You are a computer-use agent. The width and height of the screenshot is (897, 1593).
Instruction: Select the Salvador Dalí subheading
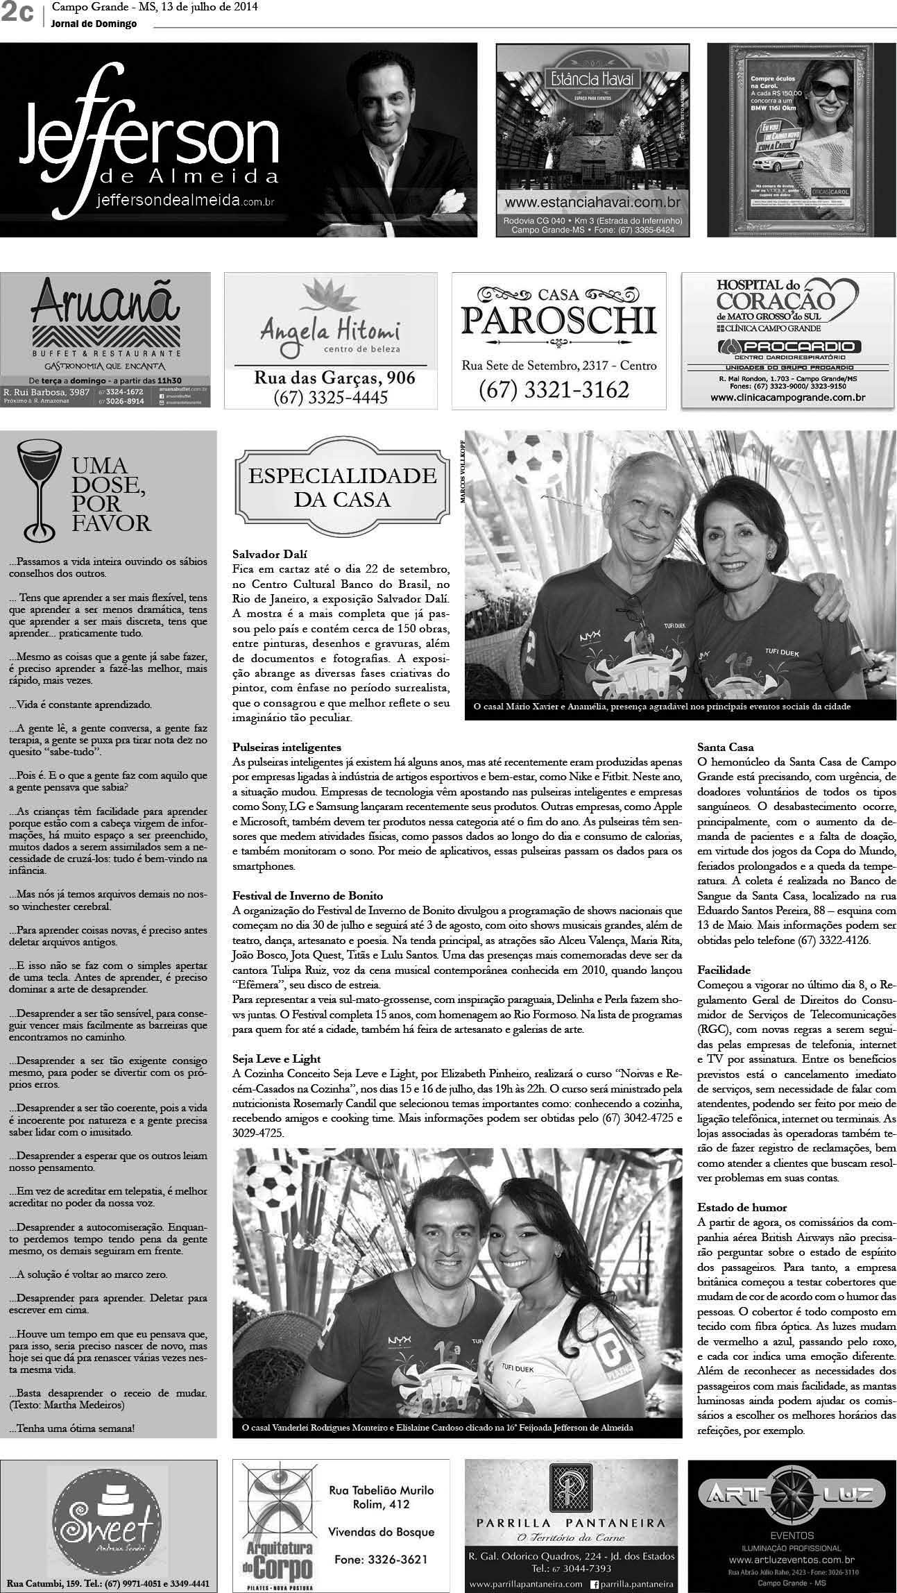[x=270, y=554]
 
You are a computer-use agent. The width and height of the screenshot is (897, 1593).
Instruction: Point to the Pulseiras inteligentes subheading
[x=287, y=748]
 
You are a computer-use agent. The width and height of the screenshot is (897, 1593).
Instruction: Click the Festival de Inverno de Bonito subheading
[x=308, y=896]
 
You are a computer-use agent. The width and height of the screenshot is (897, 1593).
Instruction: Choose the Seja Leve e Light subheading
[x=277, y=1059]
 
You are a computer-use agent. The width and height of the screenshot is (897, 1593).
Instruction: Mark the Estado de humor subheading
[x=732, y=1208]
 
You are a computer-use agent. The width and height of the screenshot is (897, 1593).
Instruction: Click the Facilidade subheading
[x=724, y=970]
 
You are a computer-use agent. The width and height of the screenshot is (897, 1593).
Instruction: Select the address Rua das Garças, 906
[x=334, y=378]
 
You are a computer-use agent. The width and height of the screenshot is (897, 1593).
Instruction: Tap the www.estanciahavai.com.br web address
[x=591, y=203]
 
